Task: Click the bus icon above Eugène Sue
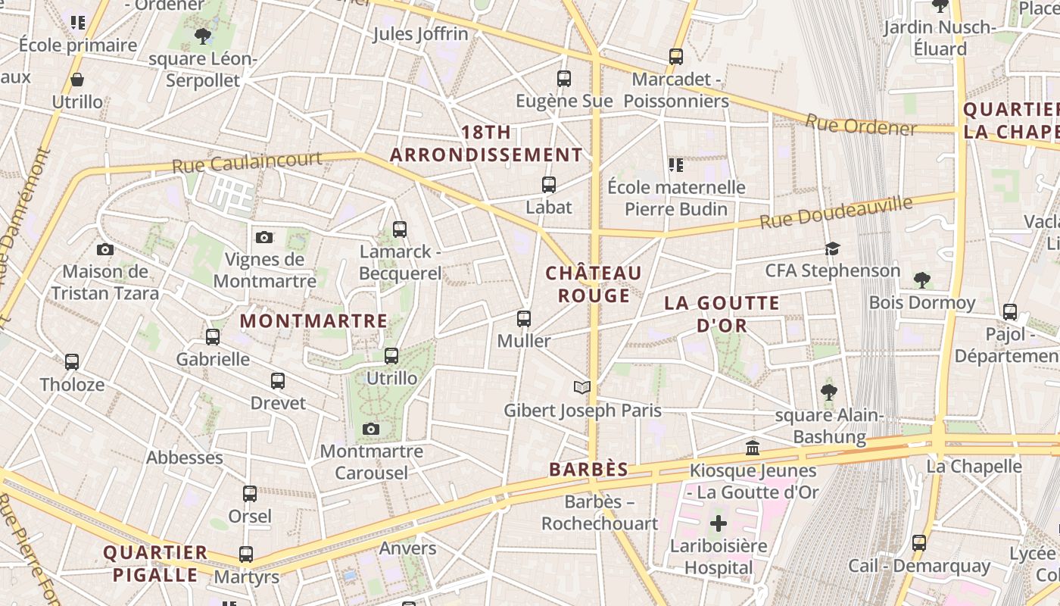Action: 563,78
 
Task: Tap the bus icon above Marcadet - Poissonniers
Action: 675,56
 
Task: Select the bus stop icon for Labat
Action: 549,184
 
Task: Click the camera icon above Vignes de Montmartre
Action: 263,237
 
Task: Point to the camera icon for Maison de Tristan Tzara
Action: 105,249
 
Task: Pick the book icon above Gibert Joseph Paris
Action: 581,388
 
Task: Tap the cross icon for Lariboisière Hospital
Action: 718,523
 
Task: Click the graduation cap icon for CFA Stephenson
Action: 832,248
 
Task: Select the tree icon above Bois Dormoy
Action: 921,280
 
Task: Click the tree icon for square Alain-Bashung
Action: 829,392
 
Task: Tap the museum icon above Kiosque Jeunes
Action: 753,448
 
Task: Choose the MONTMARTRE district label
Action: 313,321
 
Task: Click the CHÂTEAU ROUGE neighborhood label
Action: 594,284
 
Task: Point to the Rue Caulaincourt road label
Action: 247,162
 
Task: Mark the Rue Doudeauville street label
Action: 837,213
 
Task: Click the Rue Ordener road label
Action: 860,125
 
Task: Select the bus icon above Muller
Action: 523,319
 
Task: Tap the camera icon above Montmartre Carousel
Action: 370,430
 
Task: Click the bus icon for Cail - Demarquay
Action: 918,543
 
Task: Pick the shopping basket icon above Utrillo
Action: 76,80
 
